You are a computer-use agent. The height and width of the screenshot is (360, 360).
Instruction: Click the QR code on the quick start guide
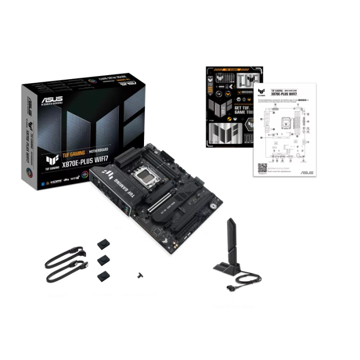click(262, 168)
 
